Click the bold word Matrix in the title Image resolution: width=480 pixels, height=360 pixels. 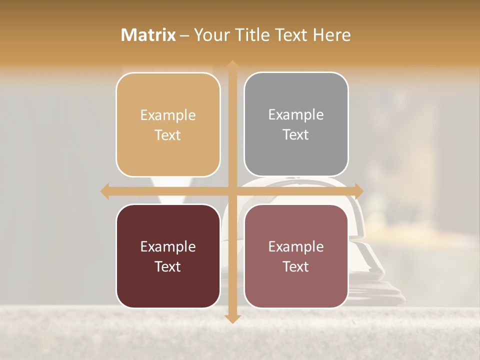click(148, 35)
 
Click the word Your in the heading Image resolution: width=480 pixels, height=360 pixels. click(209, 35)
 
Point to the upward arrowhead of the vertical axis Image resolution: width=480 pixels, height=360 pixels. click(232, 65)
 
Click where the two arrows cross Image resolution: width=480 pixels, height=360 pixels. click(232, 191)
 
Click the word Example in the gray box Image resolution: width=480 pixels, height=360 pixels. click(296, 115)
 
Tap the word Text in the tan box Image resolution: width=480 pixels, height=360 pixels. click(168, 135)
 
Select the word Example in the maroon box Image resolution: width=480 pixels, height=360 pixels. click(168, 246)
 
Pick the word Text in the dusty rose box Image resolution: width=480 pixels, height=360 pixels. click(296, 266)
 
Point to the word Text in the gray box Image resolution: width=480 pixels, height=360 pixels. click(296, 135)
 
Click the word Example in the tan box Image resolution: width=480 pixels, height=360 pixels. click(168, 115)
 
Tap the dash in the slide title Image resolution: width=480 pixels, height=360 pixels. click(184, 35)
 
